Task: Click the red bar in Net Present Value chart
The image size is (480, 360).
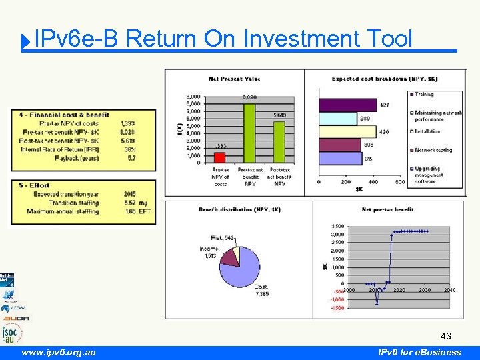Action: click(x=219, y=157)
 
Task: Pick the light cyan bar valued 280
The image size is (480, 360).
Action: click(x=338, y=119)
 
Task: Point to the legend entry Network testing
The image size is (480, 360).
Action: click(x=435, y=150)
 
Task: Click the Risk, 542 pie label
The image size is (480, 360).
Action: click(x=223, y=237)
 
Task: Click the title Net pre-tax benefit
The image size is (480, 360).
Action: click(x=388, y=209)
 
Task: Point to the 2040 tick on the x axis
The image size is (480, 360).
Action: click(x=449, y=290)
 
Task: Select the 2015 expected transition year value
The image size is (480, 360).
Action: click(x=129, y=194)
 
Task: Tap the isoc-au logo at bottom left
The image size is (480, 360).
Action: click(x=11, y=332)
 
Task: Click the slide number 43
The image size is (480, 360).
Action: click(x=445, y=337)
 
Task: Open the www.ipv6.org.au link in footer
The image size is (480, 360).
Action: click(x=58, y=352)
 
